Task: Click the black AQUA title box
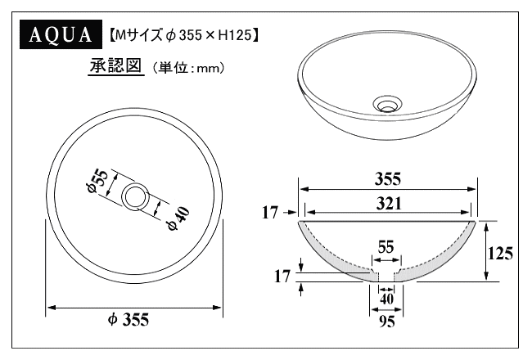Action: (x=60, y=36)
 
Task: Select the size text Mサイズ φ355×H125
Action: (x=184, y=35)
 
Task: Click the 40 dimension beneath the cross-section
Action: (x=387, y=299)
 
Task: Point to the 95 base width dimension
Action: (x=387, y=321)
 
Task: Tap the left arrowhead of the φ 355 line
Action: (x=50, y=308)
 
